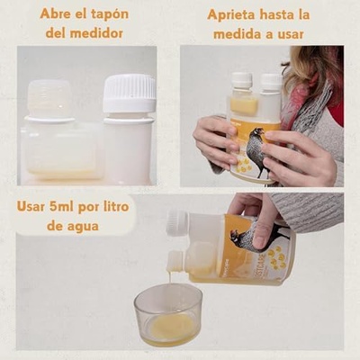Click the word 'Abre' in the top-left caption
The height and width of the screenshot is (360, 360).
point(57,14)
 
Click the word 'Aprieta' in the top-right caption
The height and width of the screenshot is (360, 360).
point(237,14)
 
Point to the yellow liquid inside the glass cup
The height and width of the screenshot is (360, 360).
point(172,326)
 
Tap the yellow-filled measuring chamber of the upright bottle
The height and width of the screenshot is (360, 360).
point(243,106)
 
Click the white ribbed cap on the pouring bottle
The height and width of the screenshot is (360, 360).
point(176,222)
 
